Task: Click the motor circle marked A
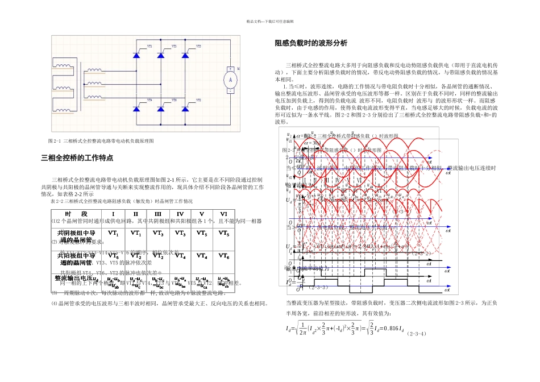point(230,80)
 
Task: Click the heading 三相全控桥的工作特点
point(77,158)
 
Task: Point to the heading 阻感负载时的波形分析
point(310,44)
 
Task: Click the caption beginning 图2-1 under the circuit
point(101,140)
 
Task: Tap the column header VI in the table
point(223,213)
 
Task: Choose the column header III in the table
point(158,213)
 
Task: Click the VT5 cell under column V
point(201,233)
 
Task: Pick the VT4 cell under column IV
point(180,256)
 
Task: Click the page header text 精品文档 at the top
point(269,21)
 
